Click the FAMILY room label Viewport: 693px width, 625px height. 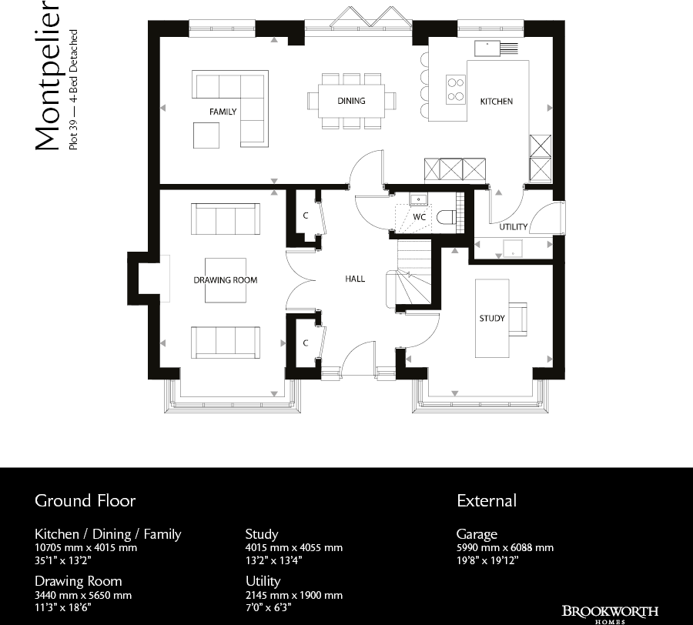tap(223, 112)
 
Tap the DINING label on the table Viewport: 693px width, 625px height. tap(351, 101)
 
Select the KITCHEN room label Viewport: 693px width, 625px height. tap(496, 102)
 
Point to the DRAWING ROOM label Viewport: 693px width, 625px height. tap(225, 280)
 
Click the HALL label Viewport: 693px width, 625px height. tap(355, 279)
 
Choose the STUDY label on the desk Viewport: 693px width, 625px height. tap(492, 318)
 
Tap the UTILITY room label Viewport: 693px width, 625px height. tap(513, 227)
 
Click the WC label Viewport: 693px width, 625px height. tap(420, 217)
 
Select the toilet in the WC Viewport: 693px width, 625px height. tap(446, 218)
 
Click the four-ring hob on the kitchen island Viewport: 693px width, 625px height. tap(456, 89)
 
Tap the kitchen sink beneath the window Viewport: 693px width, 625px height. tap(487, 48)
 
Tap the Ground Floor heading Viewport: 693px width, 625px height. tap(85, 501)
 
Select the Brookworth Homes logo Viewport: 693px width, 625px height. tap(610, 614)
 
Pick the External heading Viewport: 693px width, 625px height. tap(487, 501)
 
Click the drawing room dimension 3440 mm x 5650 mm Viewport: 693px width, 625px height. tap(83, 595)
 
